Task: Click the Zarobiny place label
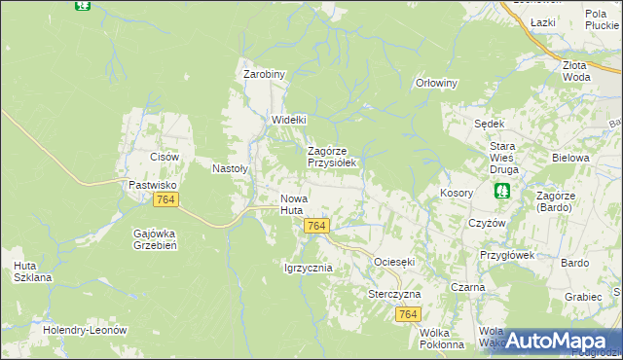click(x=263, y=73)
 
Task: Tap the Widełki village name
click(x=288, y=120)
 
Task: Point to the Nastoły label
click(x=231, y=167)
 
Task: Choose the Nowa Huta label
click(x=293, y=203)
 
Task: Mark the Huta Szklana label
click(x=33, y=271)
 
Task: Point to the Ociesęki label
click(x=394, y=263)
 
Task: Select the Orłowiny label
click(x=436, y=83)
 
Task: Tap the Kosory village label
click(x=457, y=193)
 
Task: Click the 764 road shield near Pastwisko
click(x=165, y=198)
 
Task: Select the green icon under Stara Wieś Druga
click(x=502, y=191)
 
